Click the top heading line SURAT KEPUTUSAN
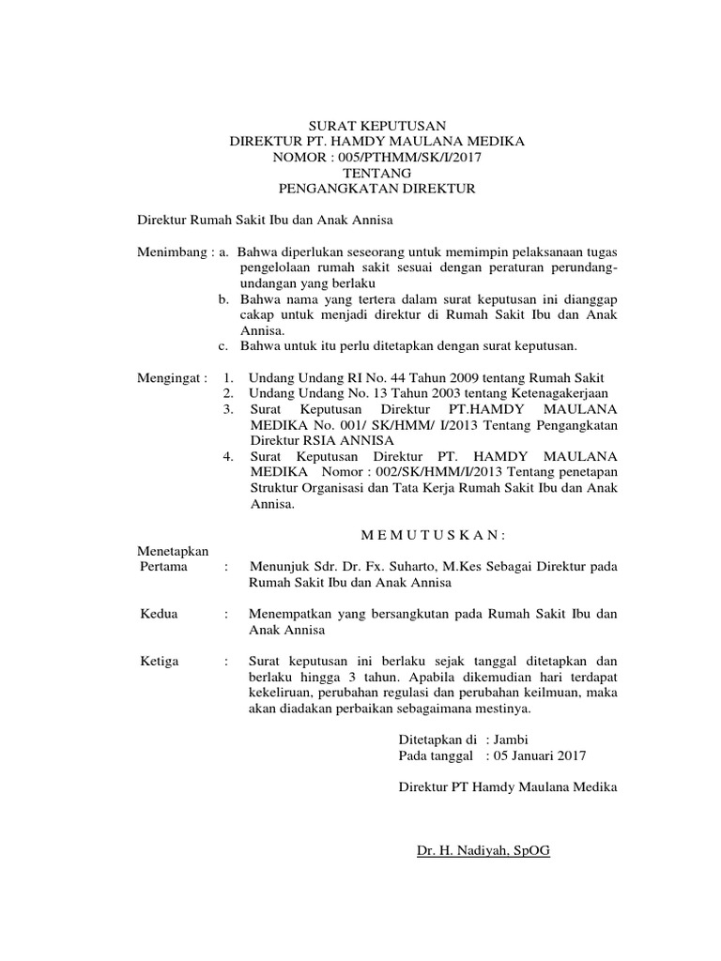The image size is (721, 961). tap(377, 125)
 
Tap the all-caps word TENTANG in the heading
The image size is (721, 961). tap(377, 173)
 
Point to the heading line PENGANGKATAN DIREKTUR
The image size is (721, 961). tap(377, 189)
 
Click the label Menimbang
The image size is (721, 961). tap(172, 252)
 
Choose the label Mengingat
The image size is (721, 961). tap(172, 377)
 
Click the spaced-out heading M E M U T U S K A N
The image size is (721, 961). tap(434, 535)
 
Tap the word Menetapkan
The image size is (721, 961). tap(174, 551)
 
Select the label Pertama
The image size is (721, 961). tap(162, 567)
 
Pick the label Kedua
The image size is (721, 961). tap(158, 614)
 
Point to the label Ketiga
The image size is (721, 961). tap(159, 662)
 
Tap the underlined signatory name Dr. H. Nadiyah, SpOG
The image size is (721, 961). tap(483, 850)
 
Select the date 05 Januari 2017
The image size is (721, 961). tap(536, 755)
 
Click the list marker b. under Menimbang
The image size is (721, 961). tap(224, 299)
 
